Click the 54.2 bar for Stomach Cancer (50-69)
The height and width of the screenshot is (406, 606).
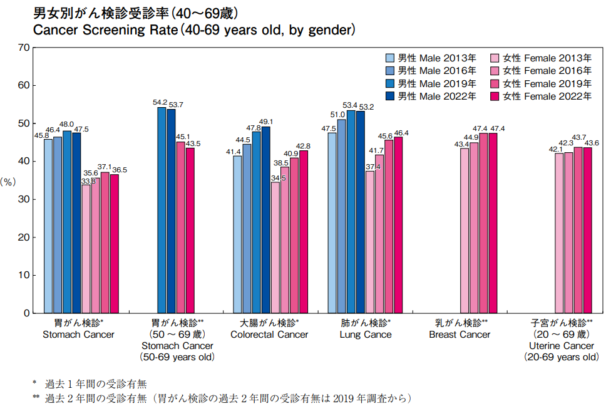coord(162,210)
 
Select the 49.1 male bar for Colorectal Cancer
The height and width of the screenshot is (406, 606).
coord(266,219)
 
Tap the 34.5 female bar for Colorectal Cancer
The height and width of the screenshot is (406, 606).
coord(275,247)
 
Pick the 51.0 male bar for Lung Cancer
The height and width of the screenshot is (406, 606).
coord(341,216)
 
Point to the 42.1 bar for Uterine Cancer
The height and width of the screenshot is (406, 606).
coord(559,232)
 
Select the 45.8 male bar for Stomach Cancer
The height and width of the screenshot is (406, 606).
coord(48,226)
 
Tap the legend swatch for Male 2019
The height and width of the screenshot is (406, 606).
coord(390,83)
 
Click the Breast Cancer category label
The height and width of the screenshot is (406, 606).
coord(460,335)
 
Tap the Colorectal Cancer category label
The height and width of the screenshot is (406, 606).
coord(269,335)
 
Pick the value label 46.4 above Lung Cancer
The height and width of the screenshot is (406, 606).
coord(401,133)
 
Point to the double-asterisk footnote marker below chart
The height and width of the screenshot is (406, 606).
coord(36,398)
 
